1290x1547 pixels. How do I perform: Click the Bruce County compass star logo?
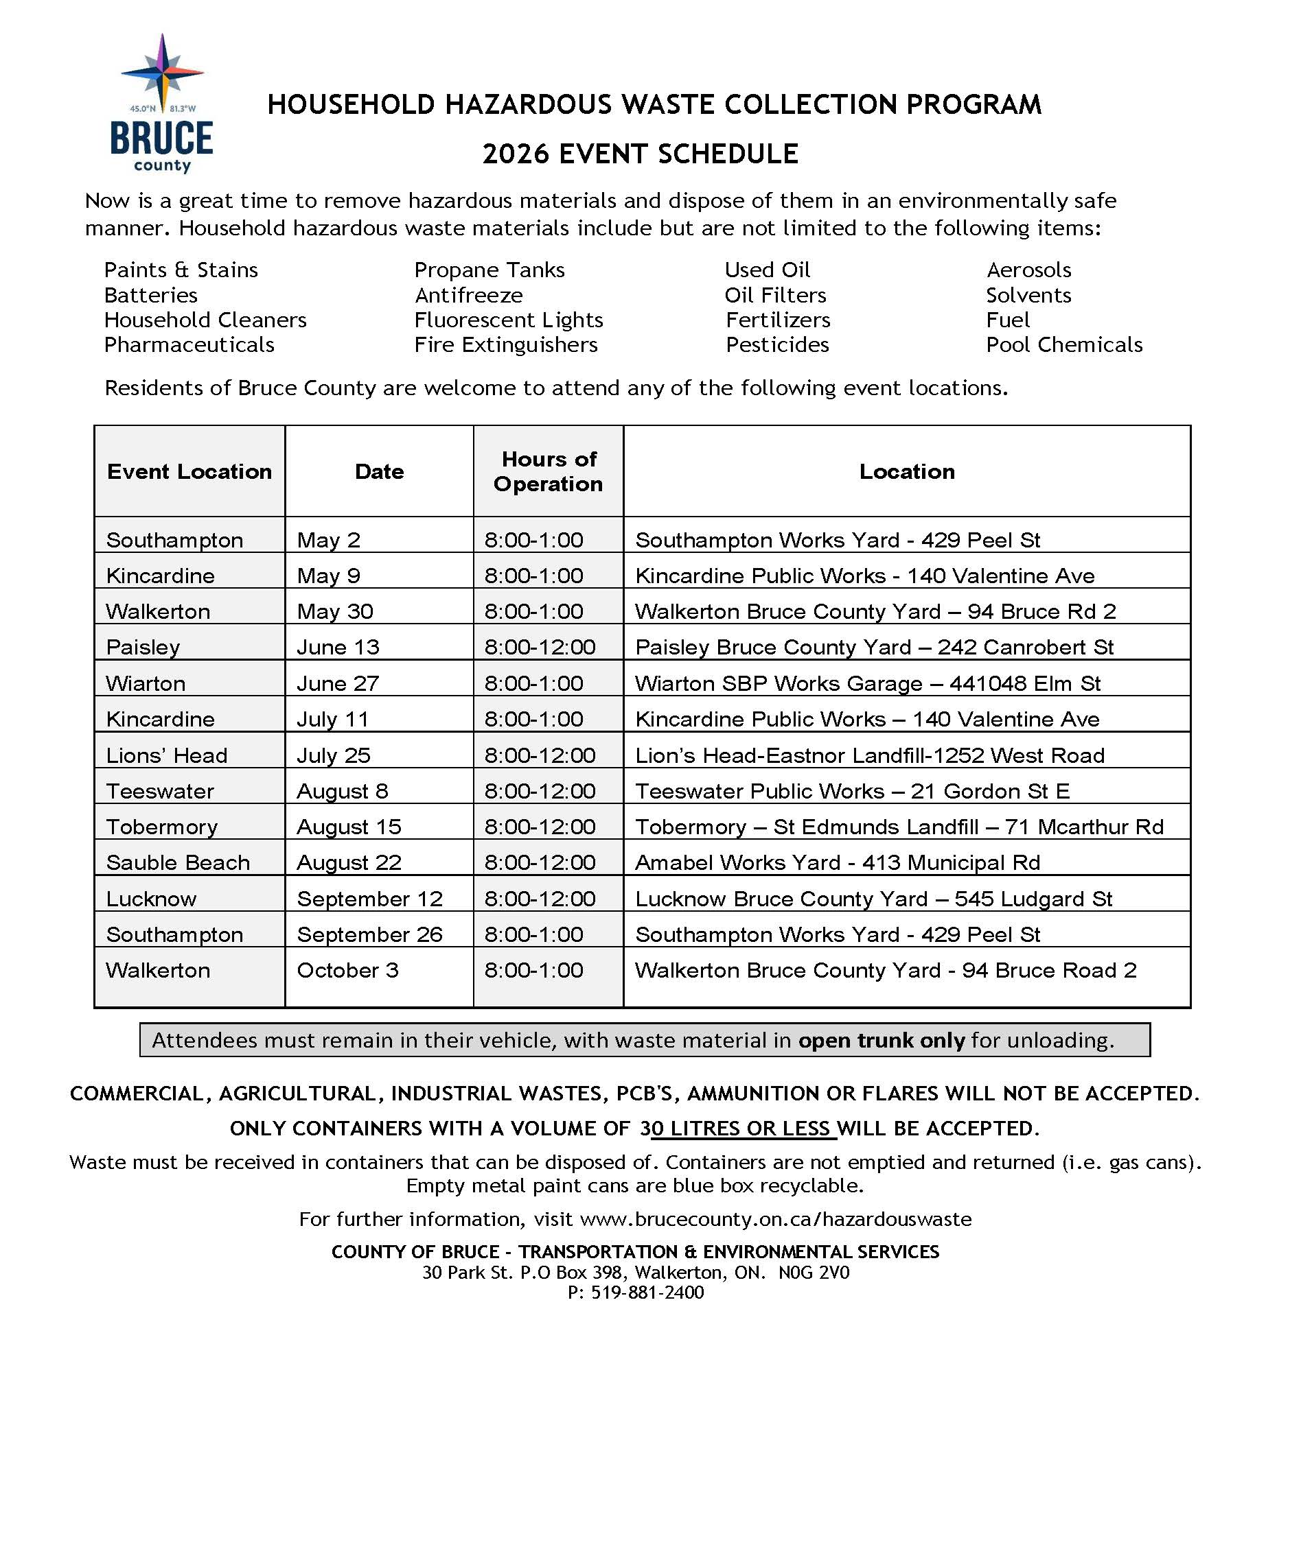[x=162, y=73]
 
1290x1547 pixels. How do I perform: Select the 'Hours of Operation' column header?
[x=548, y=471]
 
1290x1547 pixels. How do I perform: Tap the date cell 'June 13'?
[x=338, y=647]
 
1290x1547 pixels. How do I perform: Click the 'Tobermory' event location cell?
[x=161, y=827]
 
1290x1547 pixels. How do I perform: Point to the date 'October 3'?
[x=347, y=970]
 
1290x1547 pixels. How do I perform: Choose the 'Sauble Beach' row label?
[x=178, y=862]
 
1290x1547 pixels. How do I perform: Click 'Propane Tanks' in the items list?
[x=489, y=270]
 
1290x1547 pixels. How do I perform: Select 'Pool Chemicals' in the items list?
[x=1063, y=345]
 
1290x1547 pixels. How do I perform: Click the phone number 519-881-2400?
[x=647, y=1292]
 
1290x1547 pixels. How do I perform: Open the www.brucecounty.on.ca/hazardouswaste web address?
[x=776, y=1219]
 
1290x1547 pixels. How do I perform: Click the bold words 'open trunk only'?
[x=881, y=1040]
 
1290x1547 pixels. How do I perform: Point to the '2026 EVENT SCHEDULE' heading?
[x=640, y=154]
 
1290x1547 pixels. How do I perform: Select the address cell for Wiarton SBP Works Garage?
[x=867, y=683]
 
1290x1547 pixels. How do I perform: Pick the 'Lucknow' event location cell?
[x=151, y=899]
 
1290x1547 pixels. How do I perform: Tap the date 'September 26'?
[x=369, y=934]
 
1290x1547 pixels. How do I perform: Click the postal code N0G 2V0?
[x=814, y=1272]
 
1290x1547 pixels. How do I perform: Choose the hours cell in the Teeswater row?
[x=540, y=791]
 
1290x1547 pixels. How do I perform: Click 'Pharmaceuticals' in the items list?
[x=189, y=345]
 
